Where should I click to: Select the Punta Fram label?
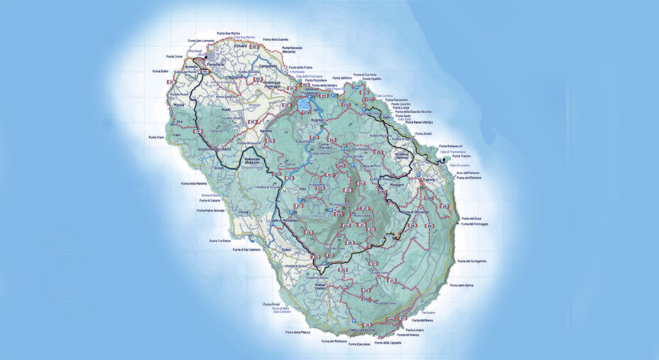click(156, 136)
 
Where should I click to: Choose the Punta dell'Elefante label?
click(469, 178)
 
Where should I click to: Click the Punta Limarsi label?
click(415, 330)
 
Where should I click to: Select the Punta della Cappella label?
click(387, 343)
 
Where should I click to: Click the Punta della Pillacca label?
click(298, 332)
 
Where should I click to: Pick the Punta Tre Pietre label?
click(221, 241)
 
